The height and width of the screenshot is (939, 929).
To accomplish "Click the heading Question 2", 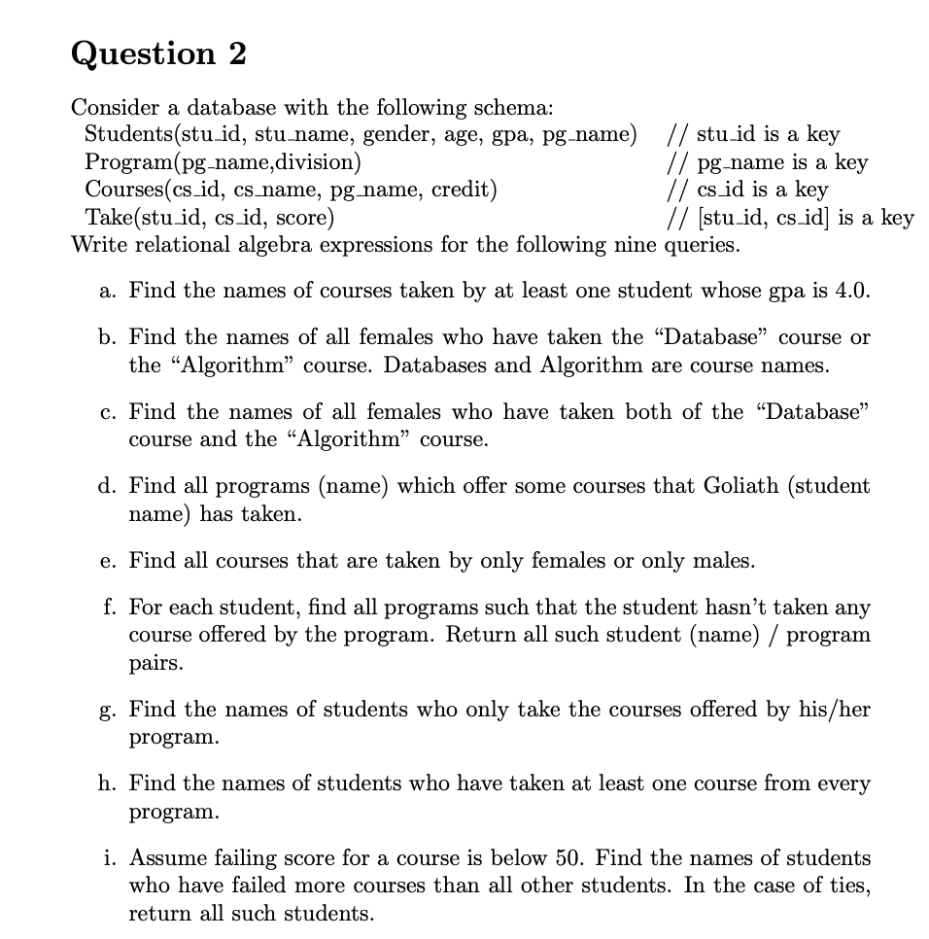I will coord(158,53).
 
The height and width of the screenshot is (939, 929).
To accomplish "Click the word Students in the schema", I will coord(122,133).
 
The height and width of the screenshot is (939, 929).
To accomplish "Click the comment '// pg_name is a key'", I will coord(766,161).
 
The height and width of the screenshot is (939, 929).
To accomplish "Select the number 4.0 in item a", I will coord(851,291).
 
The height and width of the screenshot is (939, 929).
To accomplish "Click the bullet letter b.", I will coord(106,337).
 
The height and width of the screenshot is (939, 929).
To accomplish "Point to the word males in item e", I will coord(724,561).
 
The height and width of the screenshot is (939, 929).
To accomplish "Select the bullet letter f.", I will coord(107,608).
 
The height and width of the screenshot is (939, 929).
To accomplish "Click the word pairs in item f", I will coord(155,664).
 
